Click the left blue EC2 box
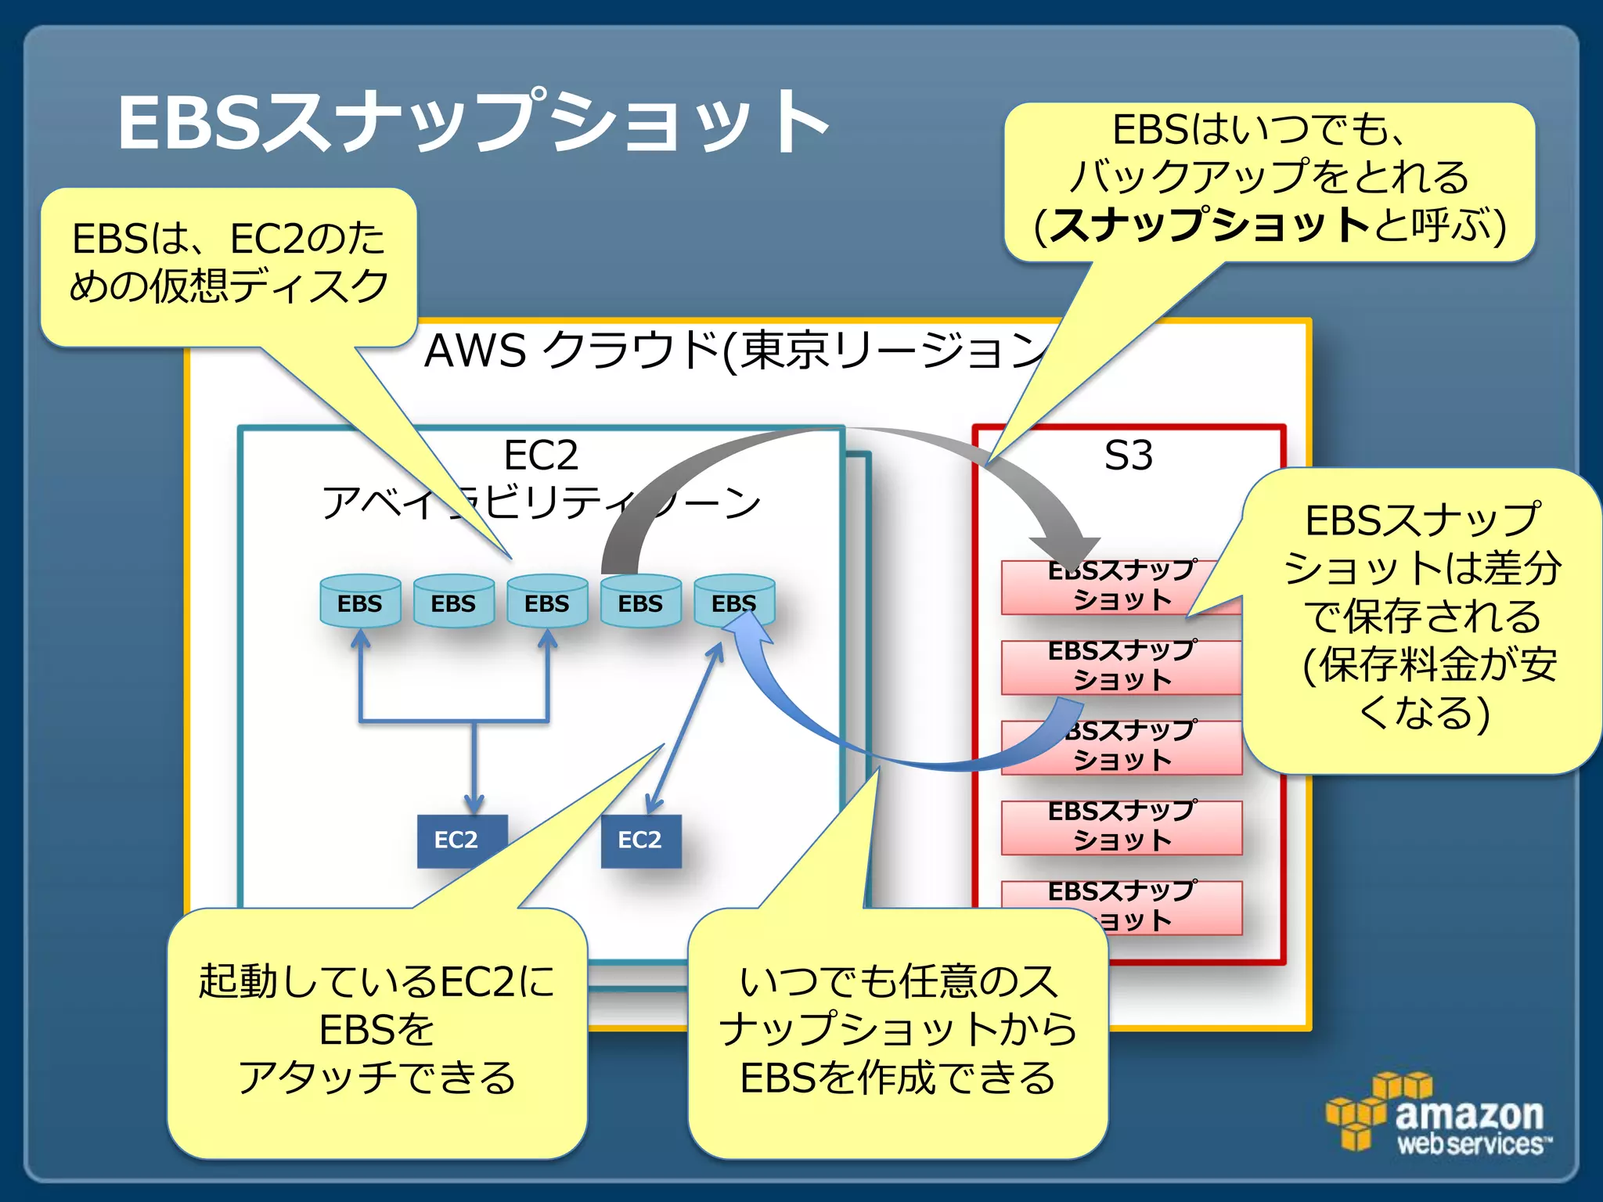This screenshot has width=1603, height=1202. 462,840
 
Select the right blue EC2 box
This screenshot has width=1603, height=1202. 640,840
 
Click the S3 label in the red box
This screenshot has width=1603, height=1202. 1128,455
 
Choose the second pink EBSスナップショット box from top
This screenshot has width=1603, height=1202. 1121,667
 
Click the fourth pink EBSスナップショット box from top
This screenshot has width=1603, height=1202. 1121,827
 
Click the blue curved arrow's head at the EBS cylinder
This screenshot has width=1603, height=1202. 744,626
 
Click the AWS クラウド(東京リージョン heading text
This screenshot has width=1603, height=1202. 736,350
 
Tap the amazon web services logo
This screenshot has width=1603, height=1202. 1440,1115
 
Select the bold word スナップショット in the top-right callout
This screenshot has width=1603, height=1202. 1209,225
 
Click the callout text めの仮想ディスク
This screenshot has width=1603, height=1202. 229,286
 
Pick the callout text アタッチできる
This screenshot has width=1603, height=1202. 376,1078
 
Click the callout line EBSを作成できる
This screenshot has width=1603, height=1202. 898,1078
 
